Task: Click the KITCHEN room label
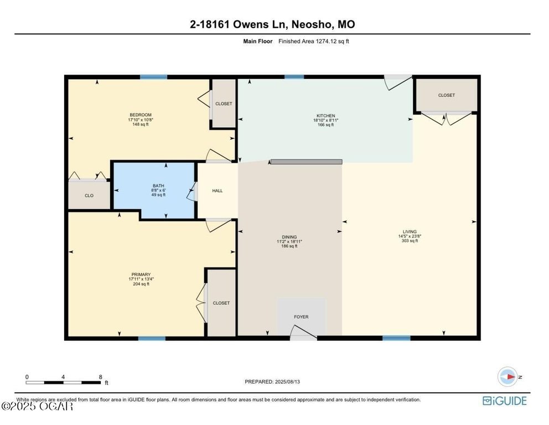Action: coord(325,116)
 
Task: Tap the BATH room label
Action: coord(158,186)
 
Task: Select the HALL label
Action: coord(217,191)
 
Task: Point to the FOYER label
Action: coord(301,317)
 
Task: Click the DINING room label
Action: coord(289,237)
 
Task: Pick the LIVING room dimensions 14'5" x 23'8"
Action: coord(410,236)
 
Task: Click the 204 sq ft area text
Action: coord(141,284)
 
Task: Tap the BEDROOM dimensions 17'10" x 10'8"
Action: coord(141,120)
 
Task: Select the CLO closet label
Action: coord(89,196)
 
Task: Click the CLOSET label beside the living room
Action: coord(447,95)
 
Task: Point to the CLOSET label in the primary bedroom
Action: coord(221,303)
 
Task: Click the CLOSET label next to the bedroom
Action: coord(224,103)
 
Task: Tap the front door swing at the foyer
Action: coord(303,332)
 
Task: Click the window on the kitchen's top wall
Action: coord(294,77)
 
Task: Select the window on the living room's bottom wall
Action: coord(396,338)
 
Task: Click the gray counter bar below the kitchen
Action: coord(307,162)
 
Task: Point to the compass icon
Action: coord(507,377)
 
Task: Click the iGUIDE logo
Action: coord(505,401)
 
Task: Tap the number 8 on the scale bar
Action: coord(101,377)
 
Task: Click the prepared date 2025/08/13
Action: coord(287,382)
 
